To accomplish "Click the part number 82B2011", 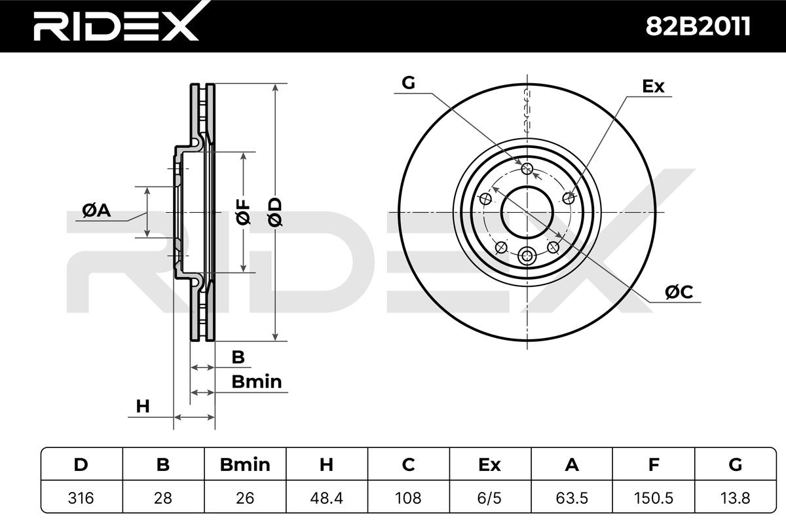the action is (698, 26).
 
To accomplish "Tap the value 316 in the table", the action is (81, 498).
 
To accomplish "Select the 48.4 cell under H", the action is (326, 498).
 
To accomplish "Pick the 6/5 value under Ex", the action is (490, 498).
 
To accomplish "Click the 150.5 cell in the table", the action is (654, 498).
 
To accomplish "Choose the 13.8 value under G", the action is (735, 498).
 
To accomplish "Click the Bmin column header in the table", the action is (245, 464).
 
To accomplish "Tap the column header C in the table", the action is (408, 464).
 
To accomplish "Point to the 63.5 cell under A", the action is (572, 498).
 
